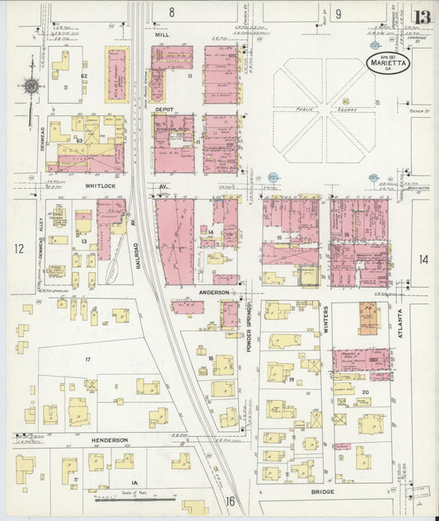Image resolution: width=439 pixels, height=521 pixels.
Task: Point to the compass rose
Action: [x=32, y=86]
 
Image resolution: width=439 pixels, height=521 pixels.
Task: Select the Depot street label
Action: [x=164, y=108]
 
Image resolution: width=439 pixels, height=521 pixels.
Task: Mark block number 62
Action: [x=84, y=76]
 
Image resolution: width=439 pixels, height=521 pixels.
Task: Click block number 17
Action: [x=87, y=359]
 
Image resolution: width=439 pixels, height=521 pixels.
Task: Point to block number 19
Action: [x=292, y=379]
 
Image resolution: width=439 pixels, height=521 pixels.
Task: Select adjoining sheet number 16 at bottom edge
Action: [x=231, y=500]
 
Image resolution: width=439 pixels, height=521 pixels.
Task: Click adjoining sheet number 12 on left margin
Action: [x=17, y=247]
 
